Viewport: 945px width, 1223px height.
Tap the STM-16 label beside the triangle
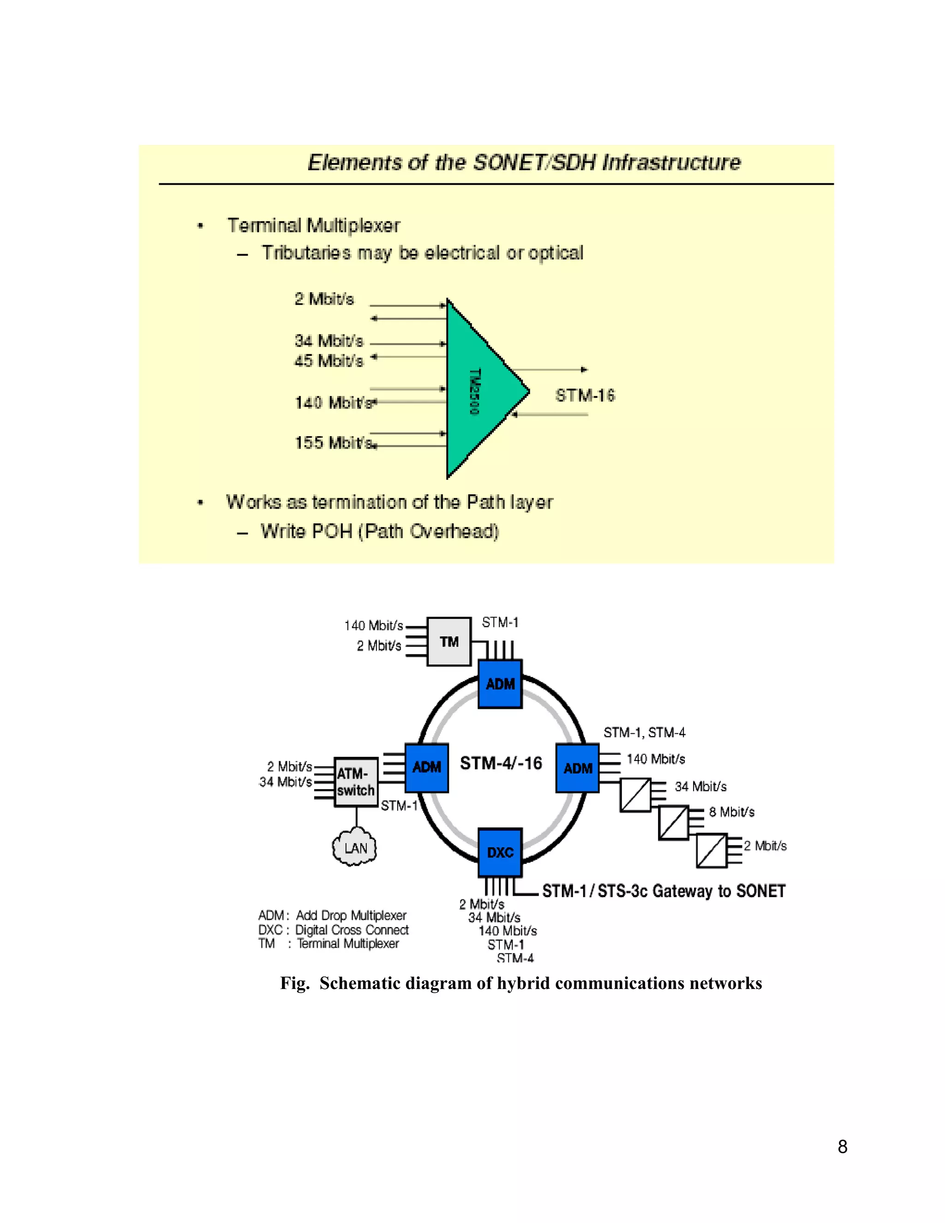click(x=585, y=396)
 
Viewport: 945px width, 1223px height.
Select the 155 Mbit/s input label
click(x=334, y=443)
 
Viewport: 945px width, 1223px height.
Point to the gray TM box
click(x=449, y=642)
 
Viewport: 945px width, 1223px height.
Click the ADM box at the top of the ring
click(x=500, y=684)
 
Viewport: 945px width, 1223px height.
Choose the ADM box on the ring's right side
click(x=577, y=768)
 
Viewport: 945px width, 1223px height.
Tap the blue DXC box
click(x=500, y=852)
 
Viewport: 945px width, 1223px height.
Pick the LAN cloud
click(x=355, y=848)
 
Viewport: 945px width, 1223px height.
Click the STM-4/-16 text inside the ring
click(x=501, y=763)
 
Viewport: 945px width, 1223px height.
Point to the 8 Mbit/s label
click(x=731, y=812)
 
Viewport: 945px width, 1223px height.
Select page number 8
click(x=842, y=1147)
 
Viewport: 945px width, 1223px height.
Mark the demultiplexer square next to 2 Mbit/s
click(x=711, y=851)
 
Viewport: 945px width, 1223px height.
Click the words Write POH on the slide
click(x=306, y=531)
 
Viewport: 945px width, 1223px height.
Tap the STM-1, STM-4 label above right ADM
click(x=644, y=732)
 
